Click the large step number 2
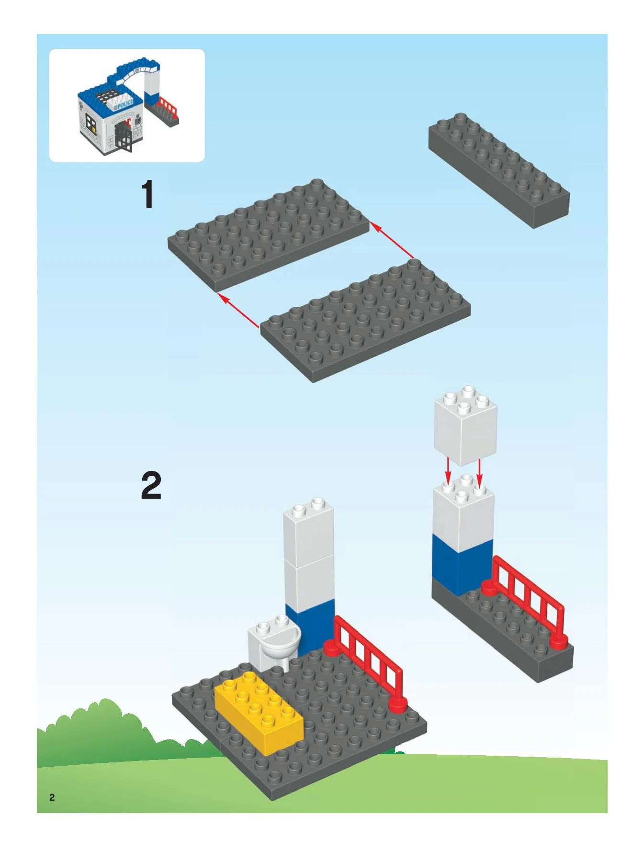tap(151, 485)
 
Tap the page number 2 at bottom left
tap(52, 797)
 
